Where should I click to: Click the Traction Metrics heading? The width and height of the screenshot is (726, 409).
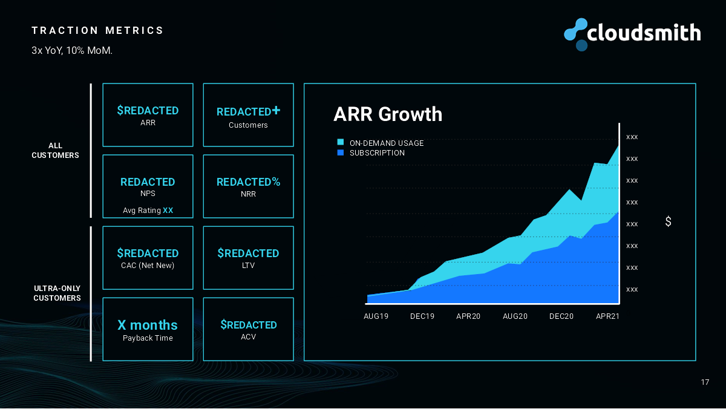(97, 30)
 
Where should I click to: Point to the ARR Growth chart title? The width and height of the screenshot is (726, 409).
(388, 114)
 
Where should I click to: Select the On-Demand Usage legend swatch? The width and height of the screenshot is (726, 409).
(341, 143)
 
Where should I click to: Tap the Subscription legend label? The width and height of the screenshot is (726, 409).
(377, 153)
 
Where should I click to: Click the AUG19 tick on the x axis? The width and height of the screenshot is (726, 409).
(376, 316)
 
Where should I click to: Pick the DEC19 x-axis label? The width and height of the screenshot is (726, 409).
(422, 316)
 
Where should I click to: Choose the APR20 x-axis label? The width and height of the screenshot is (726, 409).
(468, 316)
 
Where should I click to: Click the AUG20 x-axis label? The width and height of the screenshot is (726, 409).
(515, 316)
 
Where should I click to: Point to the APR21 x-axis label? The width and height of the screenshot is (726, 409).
(607, 316)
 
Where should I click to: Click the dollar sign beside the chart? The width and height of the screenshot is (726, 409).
(668, 222)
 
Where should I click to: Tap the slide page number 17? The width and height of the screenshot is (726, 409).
(705, 382)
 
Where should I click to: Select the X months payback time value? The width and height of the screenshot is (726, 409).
(148, 325)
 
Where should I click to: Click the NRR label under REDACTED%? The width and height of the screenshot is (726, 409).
(248, 194)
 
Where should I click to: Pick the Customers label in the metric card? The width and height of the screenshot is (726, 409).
(248, 125)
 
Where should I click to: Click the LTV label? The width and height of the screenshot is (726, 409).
(248, 265)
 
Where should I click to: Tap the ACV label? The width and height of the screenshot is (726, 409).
(248, 336)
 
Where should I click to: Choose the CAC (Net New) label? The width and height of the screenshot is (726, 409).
(148, 265)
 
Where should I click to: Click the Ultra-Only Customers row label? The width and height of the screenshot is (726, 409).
(57, 293)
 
